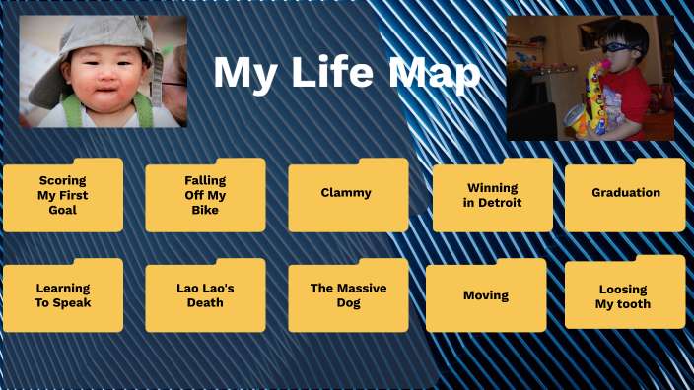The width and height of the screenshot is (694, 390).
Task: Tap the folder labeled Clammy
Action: [347, 194]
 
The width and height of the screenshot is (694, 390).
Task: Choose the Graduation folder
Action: [625, 194]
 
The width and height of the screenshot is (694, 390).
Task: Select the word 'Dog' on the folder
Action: [347, 303]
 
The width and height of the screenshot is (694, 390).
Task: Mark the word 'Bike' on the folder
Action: [205, 210]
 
